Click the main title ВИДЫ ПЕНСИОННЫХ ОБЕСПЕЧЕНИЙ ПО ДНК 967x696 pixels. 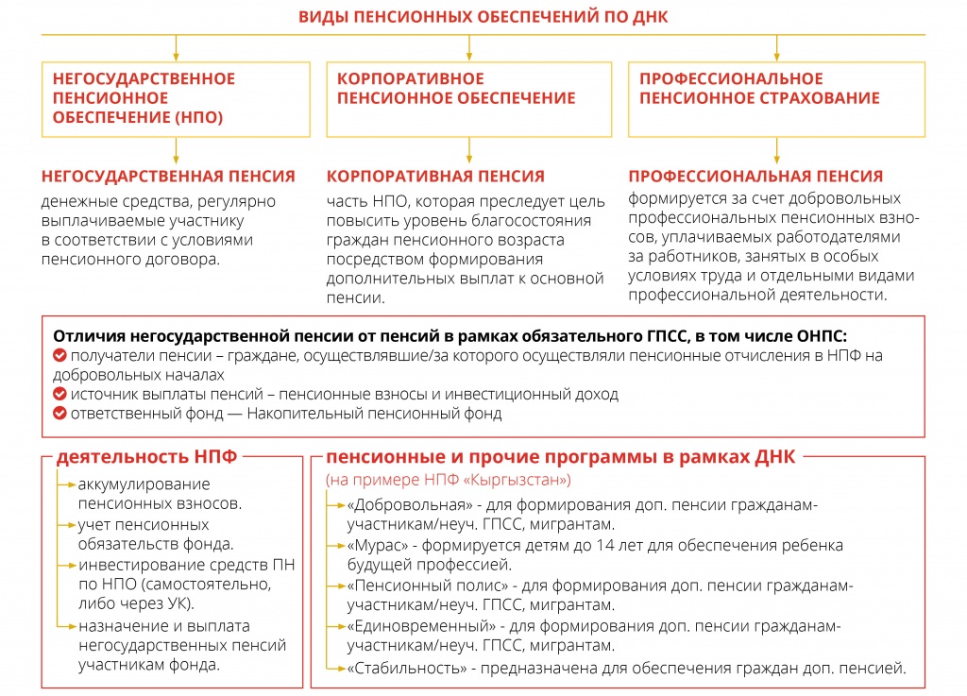(483, 17)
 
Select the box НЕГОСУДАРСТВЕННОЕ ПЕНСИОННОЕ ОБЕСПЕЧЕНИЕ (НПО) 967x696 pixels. (176, 98)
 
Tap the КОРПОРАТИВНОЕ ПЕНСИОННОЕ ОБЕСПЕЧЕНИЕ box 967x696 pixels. (470, 98)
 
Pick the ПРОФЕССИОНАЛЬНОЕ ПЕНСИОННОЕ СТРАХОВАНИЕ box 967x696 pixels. (776, 98)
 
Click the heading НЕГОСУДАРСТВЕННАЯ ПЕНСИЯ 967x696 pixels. (168, 177)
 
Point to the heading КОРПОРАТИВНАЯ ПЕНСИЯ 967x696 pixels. (435, 177)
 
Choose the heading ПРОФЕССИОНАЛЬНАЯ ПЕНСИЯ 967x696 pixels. (755, 177)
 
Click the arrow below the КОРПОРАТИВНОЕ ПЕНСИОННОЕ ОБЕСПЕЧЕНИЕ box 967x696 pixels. (470, 149)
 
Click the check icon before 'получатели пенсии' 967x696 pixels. (59, 356)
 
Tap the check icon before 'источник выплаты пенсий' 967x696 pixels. (59, 395)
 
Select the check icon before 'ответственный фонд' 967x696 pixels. (59, 414)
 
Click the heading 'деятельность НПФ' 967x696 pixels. (146, 457)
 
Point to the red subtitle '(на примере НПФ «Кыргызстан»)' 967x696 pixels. (448, 480)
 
